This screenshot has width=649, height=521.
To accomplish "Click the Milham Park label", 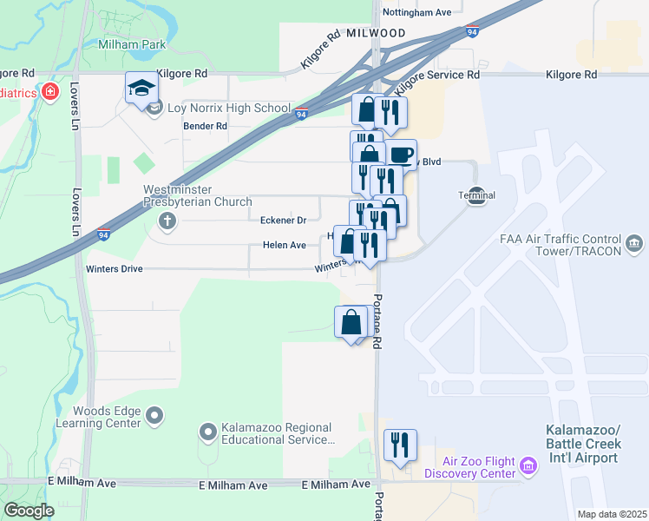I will [x=131, y=44].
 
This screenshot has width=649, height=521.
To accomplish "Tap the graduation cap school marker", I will [x=141, y=88].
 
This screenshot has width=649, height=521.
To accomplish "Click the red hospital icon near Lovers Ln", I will [x=50, y=92].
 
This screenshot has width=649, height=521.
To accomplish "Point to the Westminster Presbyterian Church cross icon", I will [x=167, y=221].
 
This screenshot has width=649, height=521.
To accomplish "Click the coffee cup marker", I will [x=401, y=155].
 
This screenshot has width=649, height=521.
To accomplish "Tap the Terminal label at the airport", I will [x=476, y=195].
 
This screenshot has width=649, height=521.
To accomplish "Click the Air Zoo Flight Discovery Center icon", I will [x=527, y=468].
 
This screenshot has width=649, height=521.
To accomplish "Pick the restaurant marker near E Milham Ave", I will [x=399, y=445].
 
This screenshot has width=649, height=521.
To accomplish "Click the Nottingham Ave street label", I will [x=418, y=13].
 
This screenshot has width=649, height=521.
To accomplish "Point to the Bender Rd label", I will [x=205, y=126].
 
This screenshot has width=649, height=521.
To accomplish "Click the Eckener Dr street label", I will [x=284, y=221].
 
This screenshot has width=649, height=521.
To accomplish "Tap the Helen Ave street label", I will [x=285, y=246].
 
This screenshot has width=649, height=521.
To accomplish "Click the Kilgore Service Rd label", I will [x=437, y=76].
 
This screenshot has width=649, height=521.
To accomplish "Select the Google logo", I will [x=29, y=511].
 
